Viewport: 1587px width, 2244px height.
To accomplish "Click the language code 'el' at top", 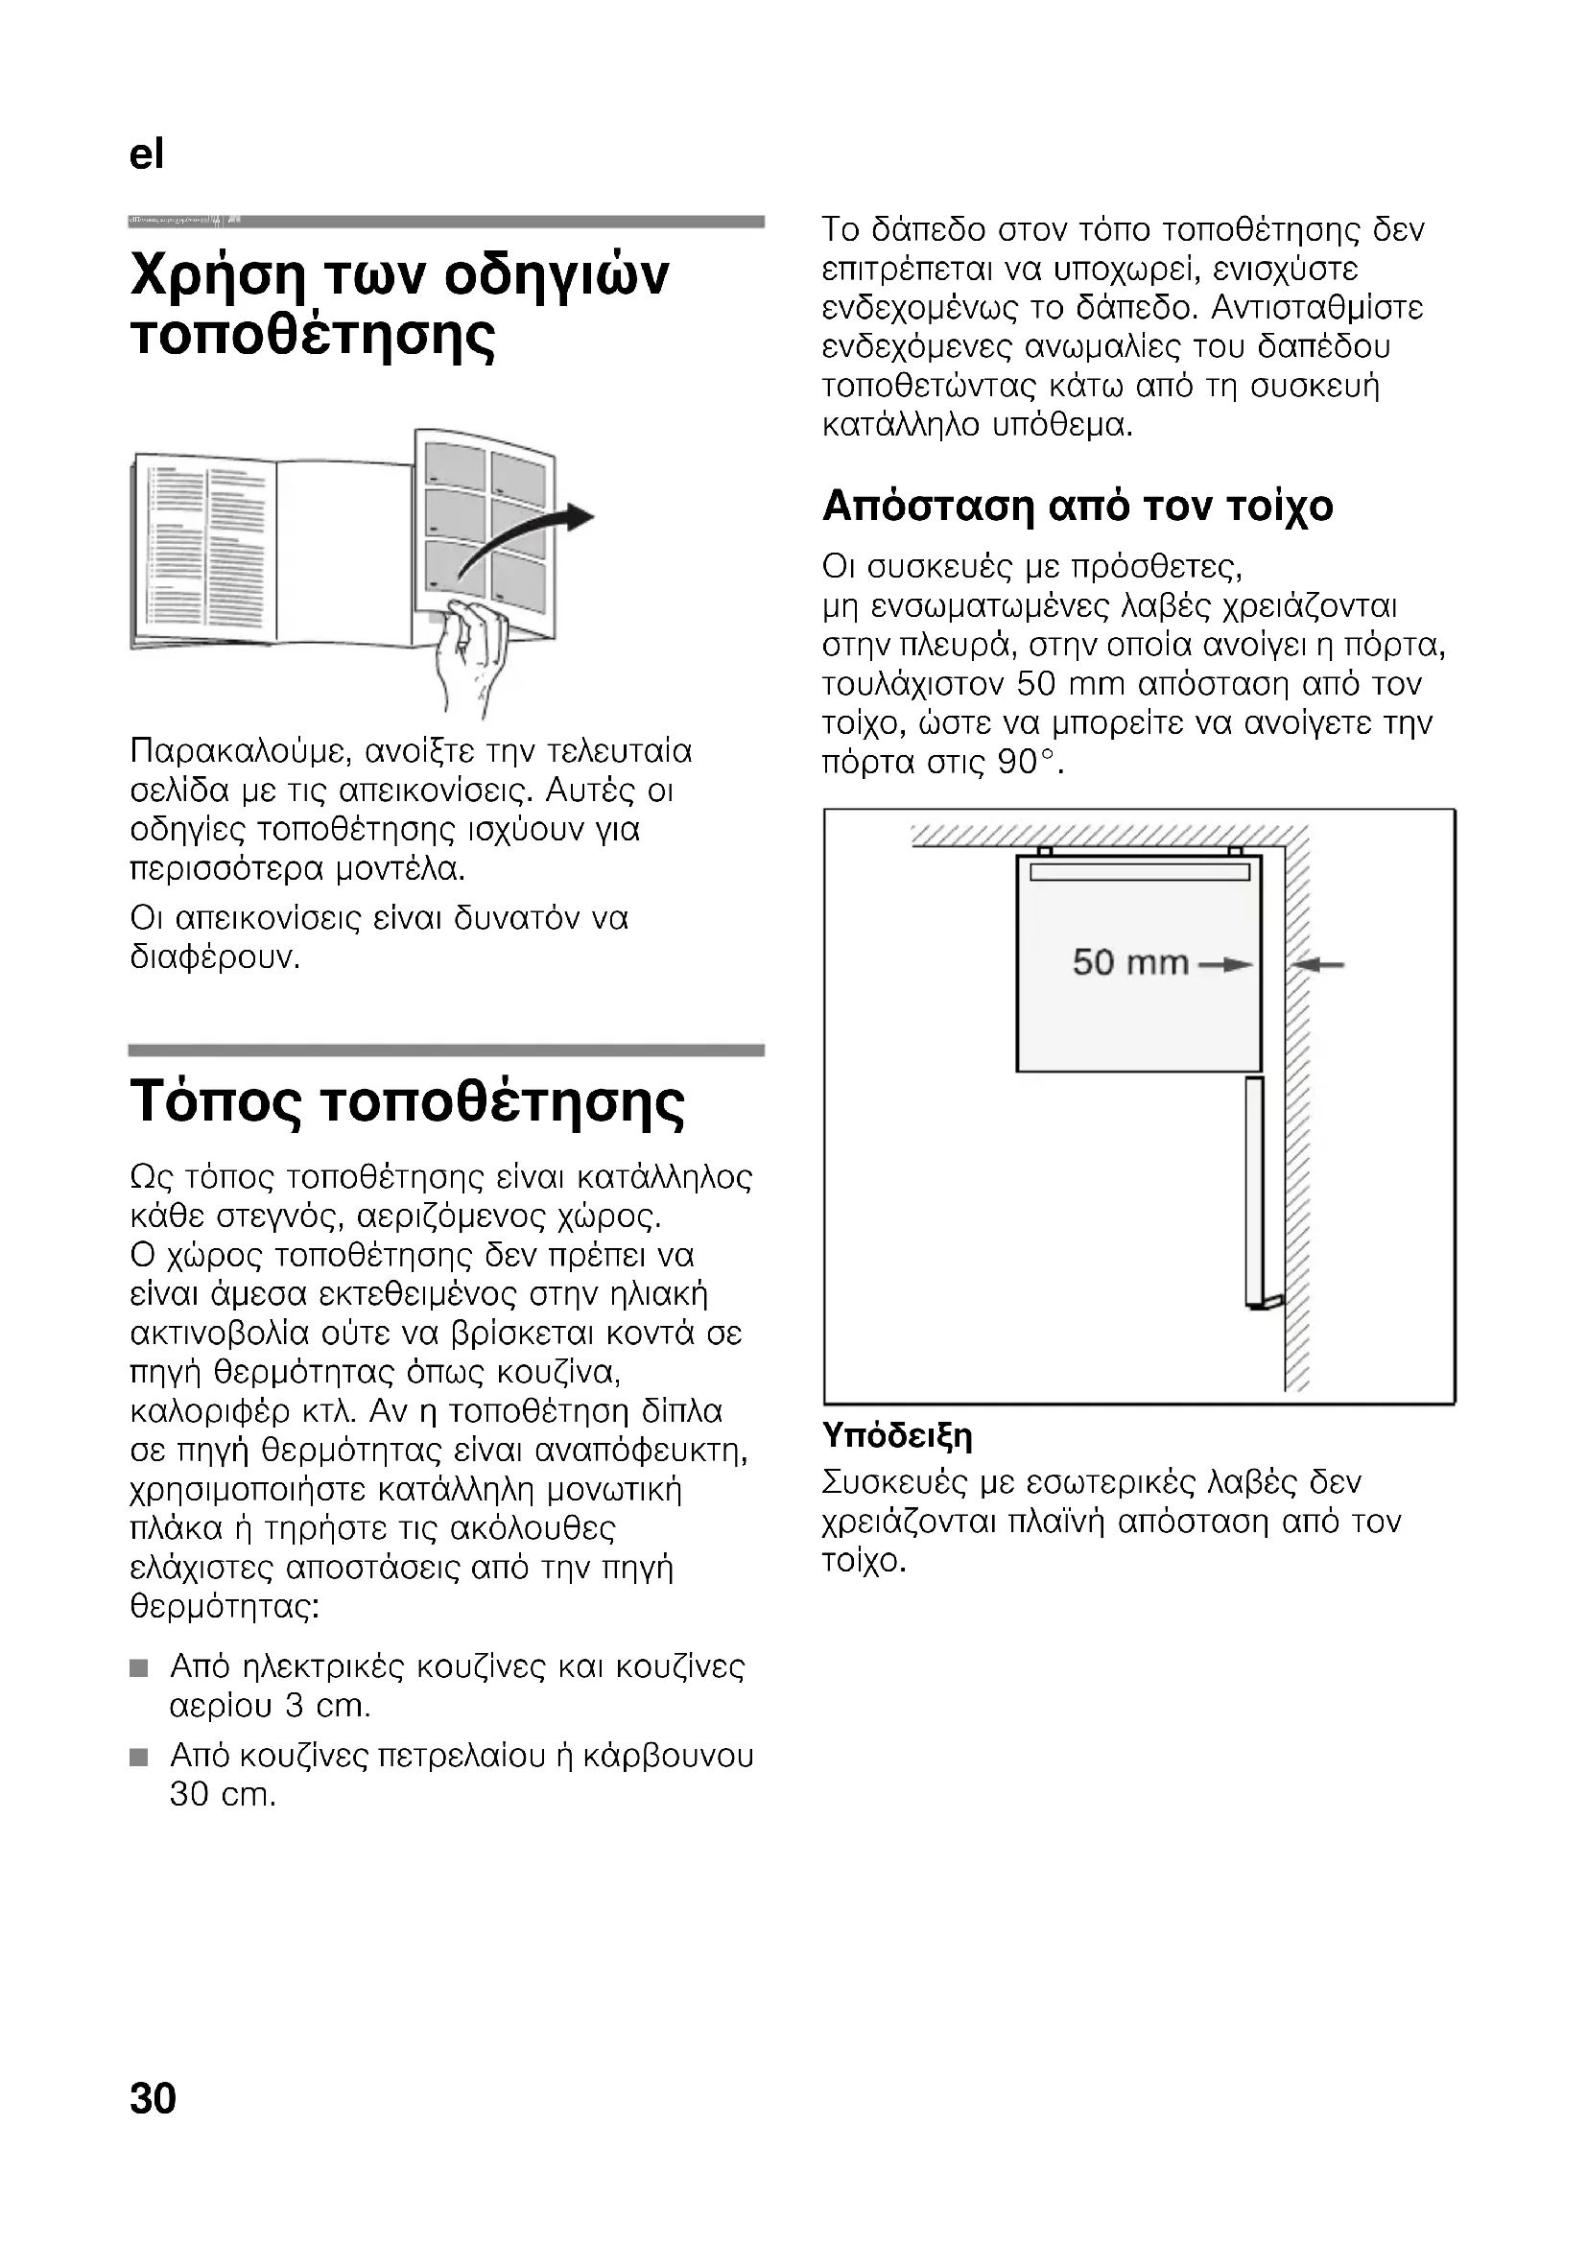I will pyautogui.click(x=147, y=154).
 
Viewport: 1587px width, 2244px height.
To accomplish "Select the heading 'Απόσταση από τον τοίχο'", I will pyautogui.click(x=1077, y=508).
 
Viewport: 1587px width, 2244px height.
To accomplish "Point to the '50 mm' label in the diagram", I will pyautogui.click(x=1129, y=962).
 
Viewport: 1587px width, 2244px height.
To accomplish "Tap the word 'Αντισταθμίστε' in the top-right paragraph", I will pyautogui.click(x=1317, y=309).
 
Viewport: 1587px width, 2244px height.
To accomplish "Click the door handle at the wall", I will pyautogui.click(x=1270, y=1301).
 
